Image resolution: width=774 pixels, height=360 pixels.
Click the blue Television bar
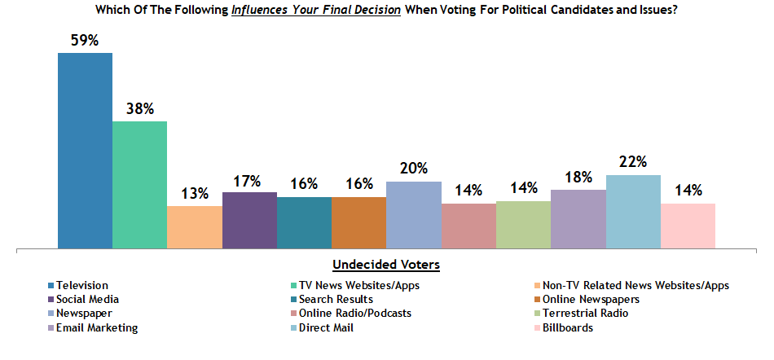pyautogui.click(x=85, y=151)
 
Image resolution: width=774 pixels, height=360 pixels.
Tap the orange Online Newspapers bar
pyautogui.click(x=358, y=222)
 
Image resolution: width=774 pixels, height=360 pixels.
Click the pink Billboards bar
pyautogui.click(x=688, y=226)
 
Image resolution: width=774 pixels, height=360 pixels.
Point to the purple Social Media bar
pyautogui.click(x=249, y=220)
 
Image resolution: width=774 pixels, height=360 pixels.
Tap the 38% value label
pyautogui.click(x=139, y=109)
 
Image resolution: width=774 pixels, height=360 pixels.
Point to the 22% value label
pyautogui.click(x=633, y=163)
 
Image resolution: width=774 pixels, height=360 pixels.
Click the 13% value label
pyautogui.click(x=194, y=194)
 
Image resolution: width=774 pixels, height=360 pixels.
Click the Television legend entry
pyautogui.click(x=82, y=285)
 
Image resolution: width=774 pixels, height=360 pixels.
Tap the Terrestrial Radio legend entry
pyautogui.click(x=587, y=313)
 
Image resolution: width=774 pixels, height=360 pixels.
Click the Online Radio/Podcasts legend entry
pyautogui.click(x=354, y=313)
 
